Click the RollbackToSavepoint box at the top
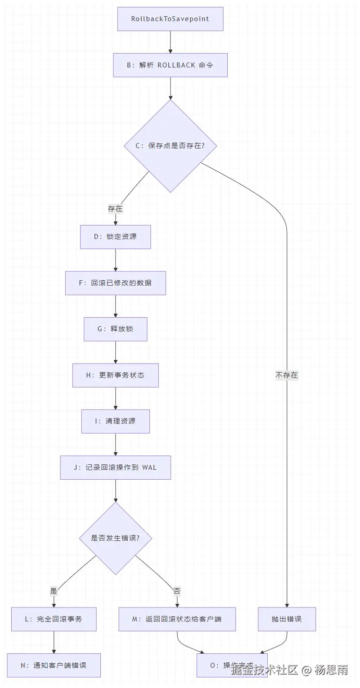point(170,19)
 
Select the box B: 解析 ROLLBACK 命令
point(170,65)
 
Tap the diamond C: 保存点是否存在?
point(170,146)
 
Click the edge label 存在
point(115,209)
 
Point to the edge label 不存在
point(287,375)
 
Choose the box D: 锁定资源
point(115,237)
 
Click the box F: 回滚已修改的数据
point(115,283)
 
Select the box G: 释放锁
point(115,329)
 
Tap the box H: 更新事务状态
point(115,375)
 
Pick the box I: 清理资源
point(115,421)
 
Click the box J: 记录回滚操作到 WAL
point(115,467)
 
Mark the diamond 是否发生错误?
point(115,538)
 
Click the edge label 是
point(54,591)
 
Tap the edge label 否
point(177,591)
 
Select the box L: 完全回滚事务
point(54,619)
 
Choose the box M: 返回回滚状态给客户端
point(177,619)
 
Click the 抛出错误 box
point(287,619)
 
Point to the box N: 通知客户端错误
point(54,665)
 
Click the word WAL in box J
point(149,467)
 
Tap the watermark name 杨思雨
point(331,670)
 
